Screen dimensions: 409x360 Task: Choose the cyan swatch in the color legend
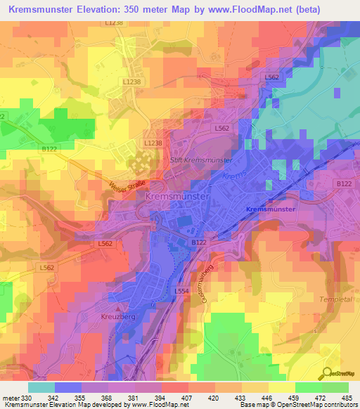pyautogui.click(x=41, y=387)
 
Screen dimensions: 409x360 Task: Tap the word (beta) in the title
pyautogui.click(x=333, y=10)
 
